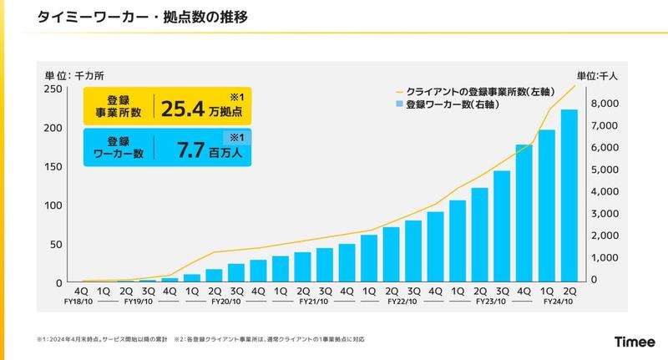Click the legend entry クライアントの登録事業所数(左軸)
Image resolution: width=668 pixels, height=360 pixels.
pos(475,90)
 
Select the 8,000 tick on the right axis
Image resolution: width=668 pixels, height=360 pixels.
pos(601,104)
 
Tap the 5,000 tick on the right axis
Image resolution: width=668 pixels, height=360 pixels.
pos(601,170)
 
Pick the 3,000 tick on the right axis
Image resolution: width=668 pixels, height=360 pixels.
pos(601,214)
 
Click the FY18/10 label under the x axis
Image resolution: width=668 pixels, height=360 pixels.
pos(77,302)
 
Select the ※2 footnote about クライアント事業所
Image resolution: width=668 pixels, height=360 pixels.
pos(269,339)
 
